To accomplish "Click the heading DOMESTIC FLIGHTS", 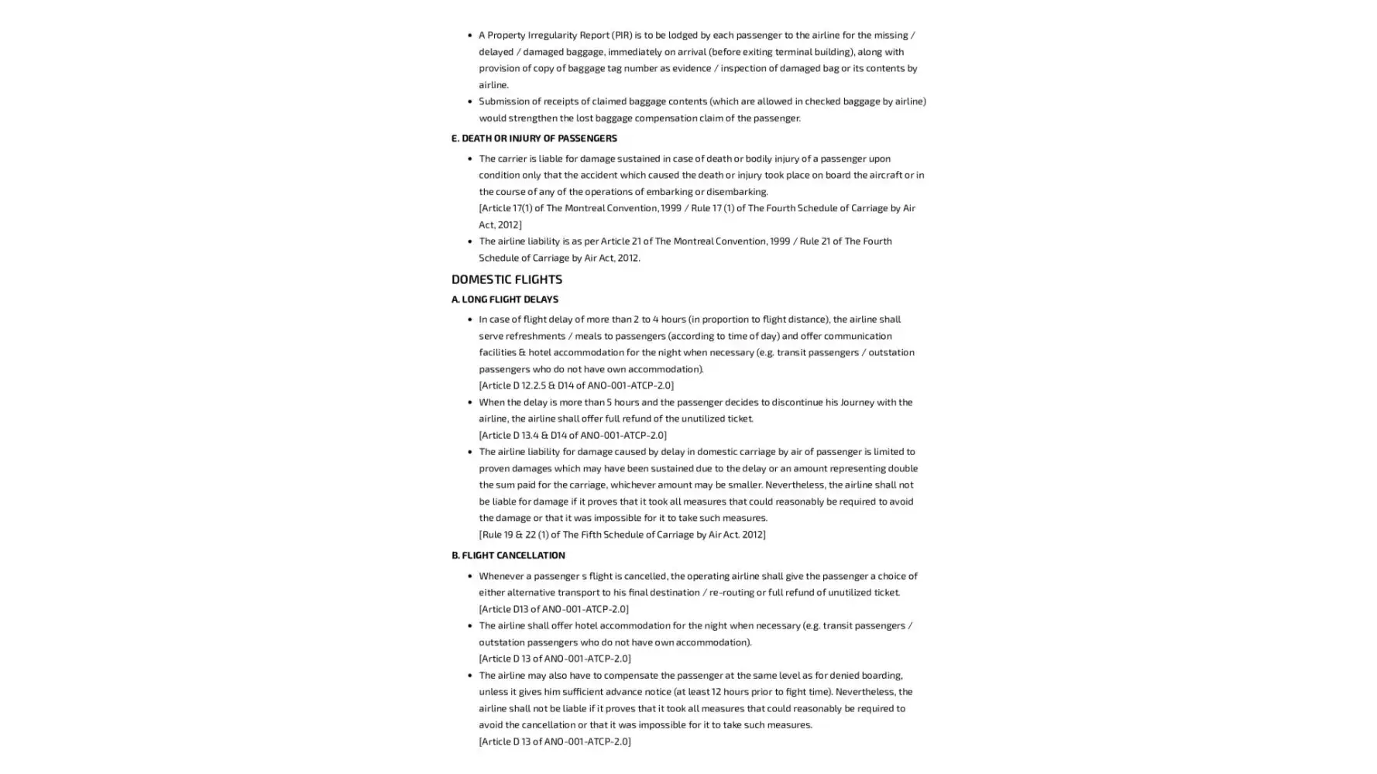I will click(x=507, y=279).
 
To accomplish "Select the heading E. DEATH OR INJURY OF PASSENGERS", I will click(x=534, y=139).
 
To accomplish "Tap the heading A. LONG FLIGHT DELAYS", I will click(x=504, y=299).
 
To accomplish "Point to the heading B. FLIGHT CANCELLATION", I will click(x=508, y=555).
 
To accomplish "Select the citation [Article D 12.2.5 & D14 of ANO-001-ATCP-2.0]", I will click(x=575, y=385).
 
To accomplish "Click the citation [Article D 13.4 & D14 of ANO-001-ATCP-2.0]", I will click(x=572, y=435).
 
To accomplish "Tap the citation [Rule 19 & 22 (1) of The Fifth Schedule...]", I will click(x=621, y=534).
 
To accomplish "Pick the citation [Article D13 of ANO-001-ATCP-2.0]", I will click(x=553, y=609).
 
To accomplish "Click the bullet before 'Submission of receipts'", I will click(x=469, y=101).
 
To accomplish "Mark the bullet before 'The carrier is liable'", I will click(x=469, y=159).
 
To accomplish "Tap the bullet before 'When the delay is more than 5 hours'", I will click(x=469, y=402).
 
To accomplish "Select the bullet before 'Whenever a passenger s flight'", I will click(x=469, y=576).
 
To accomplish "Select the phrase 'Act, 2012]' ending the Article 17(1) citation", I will click(x=500, y=224).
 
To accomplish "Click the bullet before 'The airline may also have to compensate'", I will click(x=469, y=676).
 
